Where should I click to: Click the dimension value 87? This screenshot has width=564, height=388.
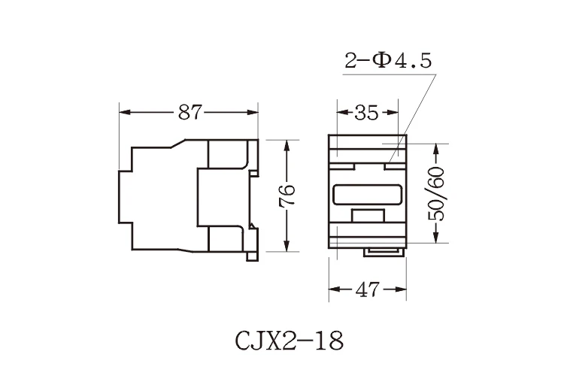click(191, 113)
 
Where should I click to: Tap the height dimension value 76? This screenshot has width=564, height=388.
click(287, 195)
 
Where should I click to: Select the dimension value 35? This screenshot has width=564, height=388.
click(366, 113)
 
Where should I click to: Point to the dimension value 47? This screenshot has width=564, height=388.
click(367, 289)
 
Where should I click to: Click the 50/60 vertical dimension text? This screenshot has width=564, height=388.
click(436, 194)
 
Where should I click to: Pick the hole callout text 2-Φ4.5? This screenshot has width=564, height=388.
click(388, 61)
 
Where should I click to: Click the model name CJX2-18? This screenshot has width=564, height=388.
click(290, 341)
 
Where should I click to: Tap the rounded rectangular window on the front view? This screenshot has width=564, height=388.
click(367, 195)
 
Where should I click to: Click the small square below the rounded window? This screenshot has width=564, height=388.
click(368, 215)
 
